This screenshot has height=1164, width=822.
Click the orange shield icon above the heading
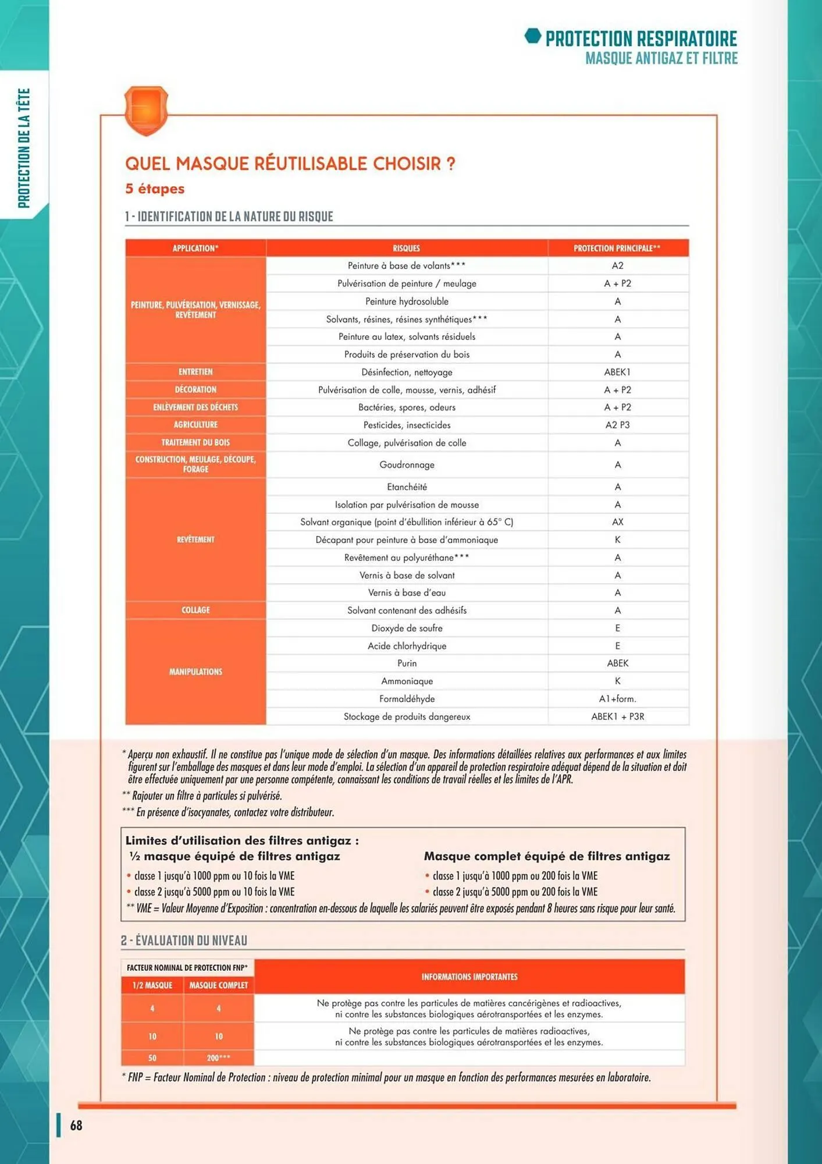(146, 109)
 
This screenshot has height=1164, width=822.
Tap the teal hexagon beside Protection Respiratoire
(532, 36)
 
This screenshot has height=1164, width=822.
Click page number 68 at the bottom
(76, 1126)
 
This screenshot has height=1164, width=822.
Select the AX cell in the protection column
(617, 522)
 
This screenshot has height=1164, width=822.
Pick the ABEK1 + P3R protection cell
(617, 716)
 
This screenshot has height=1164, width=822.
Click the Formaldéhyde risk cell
(407, 698)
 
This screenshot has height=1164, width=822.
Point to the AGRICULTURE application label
(195, 425)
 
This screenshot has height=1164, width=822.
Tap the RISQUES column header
(406, 248)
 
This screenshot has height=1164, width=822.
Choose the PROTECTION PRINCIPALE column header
(617, 248)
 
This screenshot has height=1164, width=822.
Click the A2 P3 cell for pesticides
(617, 425)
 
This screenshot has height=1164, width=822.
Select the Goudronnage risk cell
(407, 464)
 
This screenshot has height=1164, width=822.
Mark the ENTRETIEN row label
(195, 372)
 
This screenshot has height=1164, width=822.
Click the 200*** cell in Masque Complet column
(218, 1058)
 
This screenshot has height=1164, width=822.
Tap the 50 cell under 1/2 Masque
(152, 1058)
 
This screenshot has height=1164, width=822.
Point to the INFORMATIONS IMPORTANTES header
(469, 977)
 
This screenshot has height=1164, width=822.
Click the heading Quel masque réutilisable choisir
(290, 164)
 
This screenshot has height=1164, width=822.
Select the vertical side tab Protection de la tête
(24, 148)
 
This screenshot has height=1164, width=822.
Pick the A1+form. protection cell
(617, 698)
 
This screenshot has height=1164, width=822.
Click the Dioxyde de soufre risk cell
(407, 628)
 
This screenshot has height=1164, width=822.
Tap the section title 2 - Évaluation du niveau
(184, 941)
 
